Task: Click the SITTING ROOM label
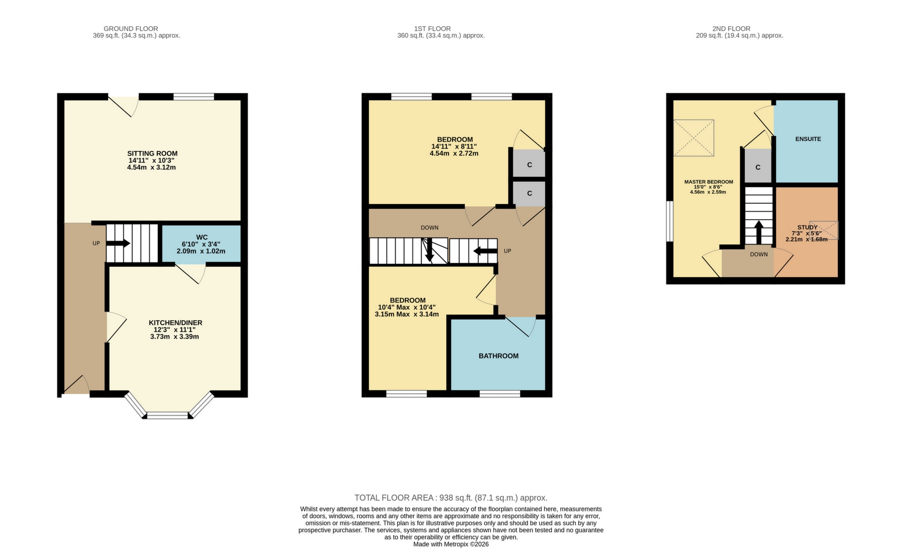[152, 154]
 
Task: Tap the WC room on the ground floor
[201, 244]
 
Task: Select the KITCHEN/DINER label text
[176, 323]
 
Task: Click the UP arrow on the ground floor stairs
[118, 243]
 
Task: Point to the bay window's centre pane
[167, 415]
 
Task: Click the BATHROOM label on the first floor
[498, 356]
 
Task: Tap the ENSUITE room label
[808, 139]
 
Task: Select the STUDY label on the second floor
[807, 227]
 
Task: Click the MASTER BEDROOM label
[708, 182]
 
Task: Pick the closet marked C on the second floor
[758, 168]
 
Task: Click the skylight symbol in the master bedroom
[694, 138]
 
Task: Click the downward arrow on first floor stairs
[429, 250]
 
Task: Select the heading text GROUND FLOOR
[131, 29]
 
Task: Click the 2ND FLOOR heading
[739, 29]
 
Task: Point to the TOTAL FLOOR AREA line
[451, 498]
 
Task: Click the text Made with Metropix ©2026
[451, 544]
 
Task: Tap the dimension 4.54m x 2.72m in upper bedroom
[454, 154]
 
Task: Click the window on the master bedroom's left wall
[669, 221]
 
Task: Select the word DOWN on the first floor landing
[429, 228]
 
